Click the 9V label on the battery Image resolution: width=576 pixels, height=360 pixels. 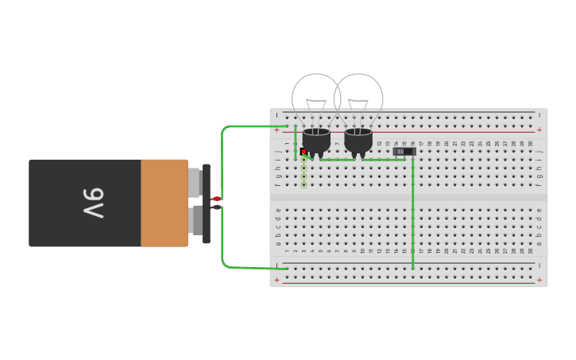coord(94,203)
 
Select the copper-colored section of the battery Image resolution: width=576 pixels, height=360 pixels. coord(164,203)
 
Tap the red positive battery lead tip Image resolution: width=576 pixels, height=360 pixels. coord(216,199)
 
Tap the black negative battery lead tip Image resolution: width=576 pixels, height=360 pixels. coord(216,207)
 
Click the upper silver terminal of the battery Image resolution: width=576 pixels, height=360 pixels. coord(194,183)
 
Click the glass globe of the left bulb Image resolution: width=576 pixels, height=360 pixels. coord(315,98)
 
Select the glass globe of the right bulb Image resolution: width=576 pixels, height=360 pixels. coord(359,98)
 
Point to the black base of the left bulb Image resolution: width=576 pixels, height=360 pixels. coord(316,141)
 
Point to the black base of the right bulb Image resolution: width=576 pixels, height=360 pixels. coord(358,141)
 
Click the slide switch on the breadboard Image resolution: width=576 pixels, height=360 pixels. coord(404,151)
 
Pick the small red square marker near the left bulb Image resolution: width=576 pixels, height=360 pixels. coord(303,151)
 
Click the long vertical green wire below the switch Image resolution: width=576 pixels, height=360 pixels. coord(412,215)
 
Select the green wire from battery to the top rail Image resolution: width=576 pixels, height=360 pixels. coord(238,126)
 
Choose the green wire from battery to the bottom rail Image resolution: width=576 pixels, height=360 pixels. coord(238,266)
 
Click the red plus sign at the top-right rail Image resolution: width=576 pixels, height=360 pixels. coord(539,130)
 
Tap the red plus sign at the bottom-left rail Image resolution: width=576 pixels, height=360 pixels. coord(276,280)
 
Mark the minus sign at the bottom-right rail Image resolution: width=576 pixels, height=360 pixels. coord(539,265)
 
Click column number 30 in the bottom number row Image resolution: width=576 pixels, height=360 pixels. coord(531,250)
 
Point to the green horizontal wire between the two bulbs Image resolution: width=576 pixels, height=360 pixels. coord(338,160)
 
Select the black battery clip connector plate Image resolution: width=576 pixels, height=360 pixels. coord(207,203)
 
